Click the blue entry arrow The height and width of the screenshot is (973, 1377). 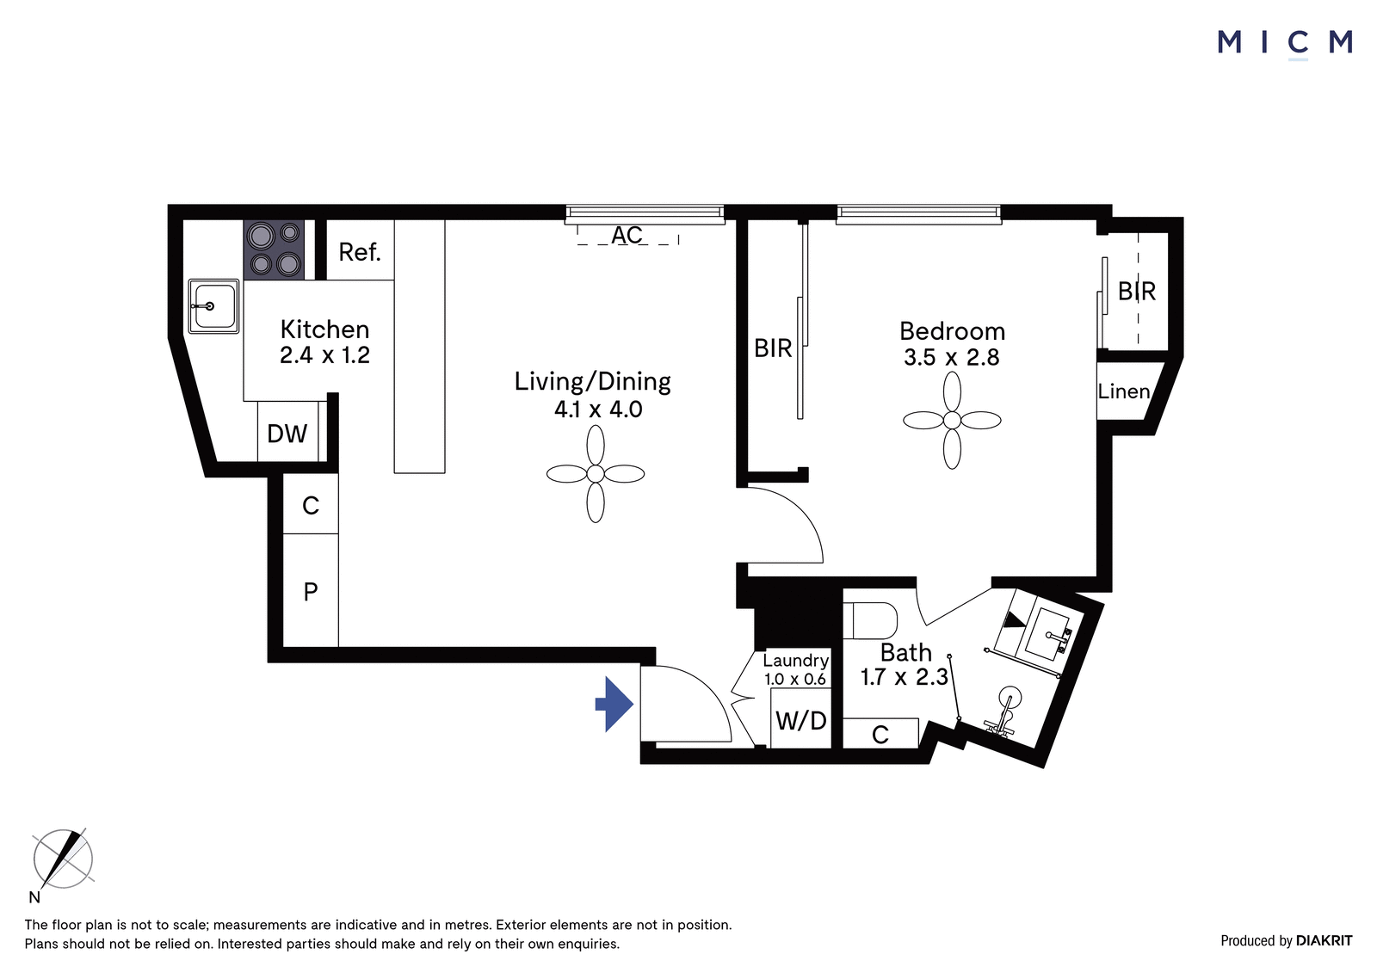[614, 705]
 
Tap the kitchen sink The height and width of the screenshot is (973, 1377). [213, 306]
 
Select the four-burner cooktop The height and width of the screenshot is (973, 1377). [275, 249]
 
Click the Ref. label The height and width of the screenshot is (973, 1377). [360, 252]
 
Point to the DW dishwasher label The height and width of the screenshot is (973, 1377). [287, 434]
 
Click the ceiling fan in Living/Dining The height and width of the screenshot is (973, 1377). [595, 474]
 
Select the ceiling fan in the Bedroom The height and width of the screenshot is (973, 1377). [952, 421]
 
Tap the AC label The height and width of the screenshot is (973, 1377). [627, 235]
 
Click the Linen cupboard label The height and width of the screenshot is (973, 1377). [1124, 391]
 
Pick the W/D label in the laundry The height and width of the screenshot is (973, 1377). [801, 720]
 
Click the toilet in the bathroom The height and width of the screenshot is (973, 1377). [870, 620]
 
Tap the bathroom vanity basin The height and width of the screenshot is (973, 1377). [1046, 631]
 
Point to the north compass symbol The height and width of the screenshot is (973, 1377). [63, 858]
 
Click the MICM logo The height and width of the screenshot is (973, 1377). [1285, 44]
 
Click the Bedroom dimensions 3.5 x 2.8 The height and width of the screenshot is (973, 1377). [952, 357]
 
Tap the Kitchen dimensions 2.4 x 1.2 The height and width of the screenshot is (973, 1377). [324, 355]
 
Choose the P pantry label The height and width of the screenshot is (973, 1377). [311, 591]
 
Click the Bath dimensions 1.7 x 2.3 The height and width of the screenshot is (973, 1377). [905, 677]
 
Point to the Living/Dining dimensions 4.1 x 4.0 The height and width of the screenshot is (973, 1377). [598, 410]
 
